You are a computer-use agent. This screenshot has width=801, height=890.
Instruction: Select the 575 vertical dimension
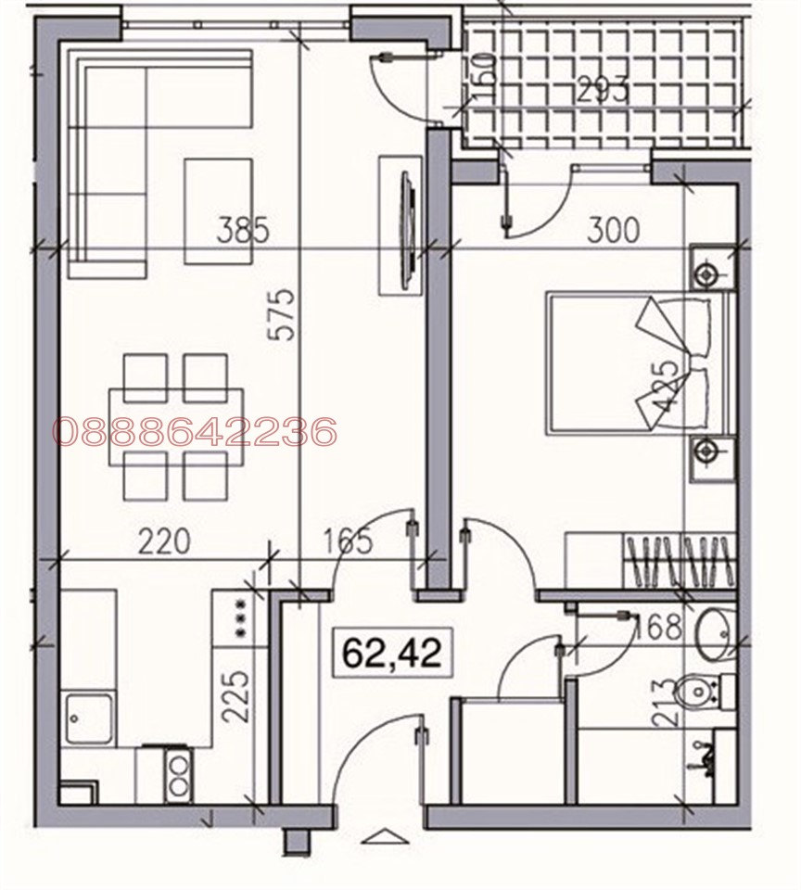tap(286, 314)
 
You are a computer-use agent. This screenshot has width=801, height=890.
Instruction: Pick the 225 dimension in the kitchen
tap(237, 695)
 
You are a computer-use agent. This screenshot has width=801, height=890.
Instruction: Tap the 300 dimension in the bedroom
tap(613, 229)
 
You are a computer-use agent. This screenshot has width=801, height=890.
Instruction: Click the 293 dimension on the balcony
tap(603, 91)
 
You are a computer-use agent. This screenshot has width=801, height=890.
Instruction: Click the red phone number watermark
tap(194, 431)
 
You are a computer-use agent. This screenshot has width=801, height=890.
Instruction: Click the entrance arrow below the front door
tap(381, 837)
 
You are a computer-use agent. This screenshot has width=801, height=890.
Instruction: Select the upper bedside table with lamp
tap(709, 272)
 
